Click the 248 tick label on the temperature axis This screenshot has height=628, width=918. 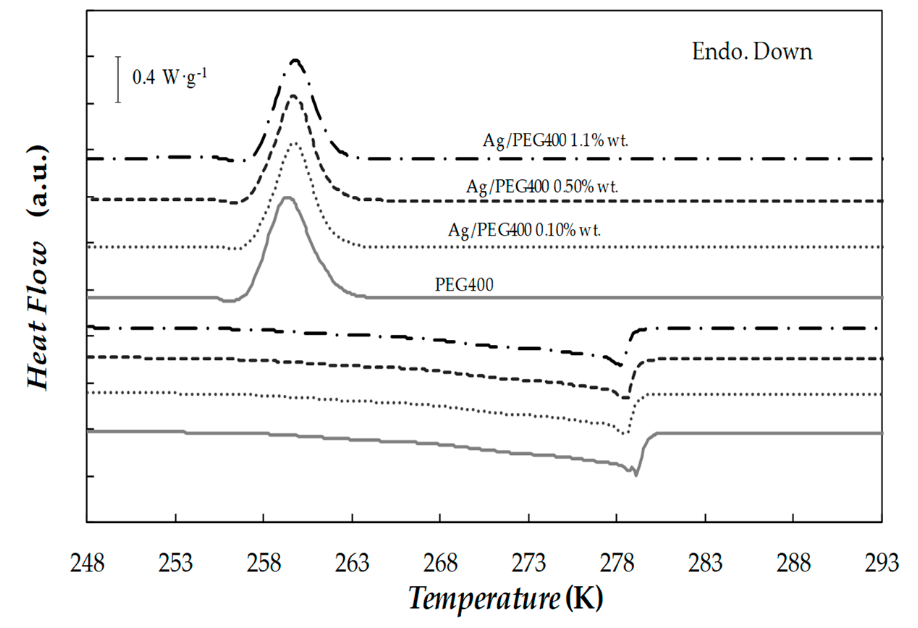coord(87,563)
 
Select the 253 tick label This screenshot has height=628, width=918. coord(175,563)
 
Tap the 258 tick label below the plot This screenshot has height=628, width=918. coord(264,563)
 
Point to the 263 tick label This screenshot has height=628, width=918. coord(352,563)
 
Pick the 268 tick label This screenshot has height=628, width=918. coord(440,563)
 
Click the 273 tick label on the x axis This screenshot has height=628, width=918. coord(529,563)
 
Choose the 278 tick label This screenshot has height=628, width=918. coord(617,563)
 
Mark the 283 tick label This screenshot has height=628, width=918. coord(705,563)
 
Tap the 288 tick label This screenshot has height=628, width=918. coord(794,563)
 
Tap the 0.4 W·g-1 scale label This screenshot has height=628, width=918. coord(169,77)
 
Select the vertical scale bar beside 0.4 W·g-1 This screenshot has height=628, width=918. coord(118,79)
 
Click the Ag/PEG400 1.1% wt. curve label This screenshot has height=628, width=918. coord(555,141)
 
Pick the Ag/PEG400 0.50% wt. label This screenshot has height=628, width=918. coord(542,186)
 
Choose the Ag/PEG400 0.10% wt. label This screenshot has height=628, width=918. coord(524,230)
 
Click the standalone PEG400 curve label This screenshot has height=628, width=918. coord(464,284)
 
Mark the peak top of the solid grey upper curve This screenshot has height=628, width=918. coord(287,198)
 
